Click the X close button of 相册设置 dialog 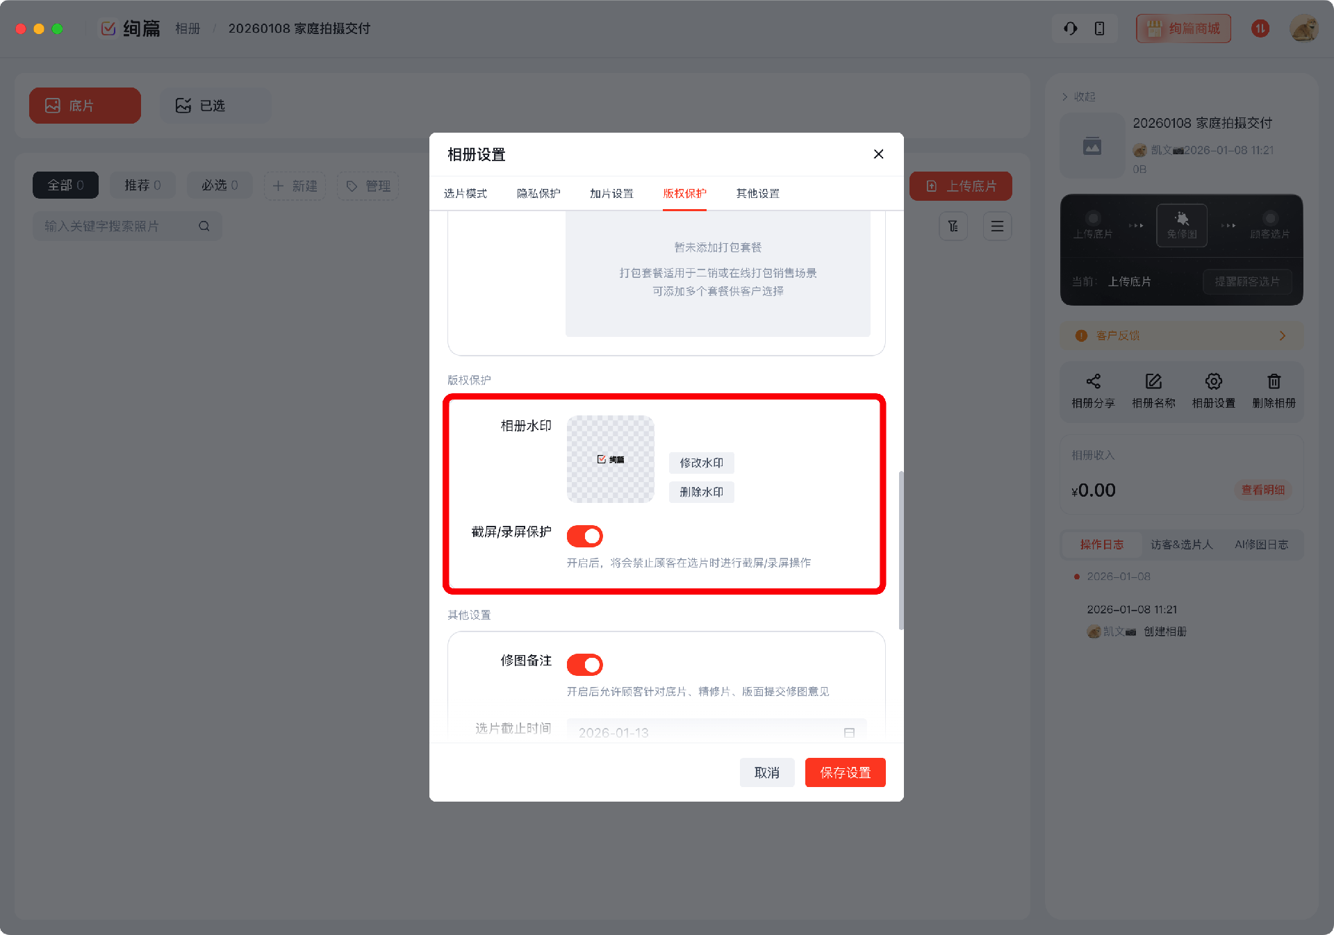pyautogui.click(x=878, y=154)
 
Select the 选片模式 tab pyautogui.click(x=465, y=194)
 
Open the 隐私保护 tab pyautogui.click(x=538, y=194)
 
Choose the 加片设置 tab pyautogui.click(x=611, y=194)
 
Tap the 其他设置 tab pyautogui.click(x=757, y=194)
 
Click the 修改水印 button pyautogui.click(x=701, y=463)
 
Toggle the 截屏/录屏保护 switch pyautogui.click(x=584, y=536)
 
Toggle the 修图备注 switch pyautogui.click(x=584, y=665)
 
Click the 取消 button pyautogui.click(x=766, y=772)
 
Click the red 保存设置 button pyautogui.click(x=845, y=772)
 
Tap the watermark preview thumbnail pyautogui.click(x=610, y=459)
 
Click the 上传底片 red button pyautogui.click(x=960, y=186)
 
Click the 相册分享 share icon pyautogui.click(x=1093, y=381)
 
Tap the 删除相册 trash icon pyautogui.click(x=1274, y=381)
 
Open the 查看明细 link pyautogui.click(x=1262, y=490)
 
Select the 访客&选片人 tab pyautogui.click(x=1181, y=545)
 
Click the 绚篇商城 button pyautogui.click(x=1183, y=28)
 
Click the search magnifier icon pyautogui.click(x=204, y=226)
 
